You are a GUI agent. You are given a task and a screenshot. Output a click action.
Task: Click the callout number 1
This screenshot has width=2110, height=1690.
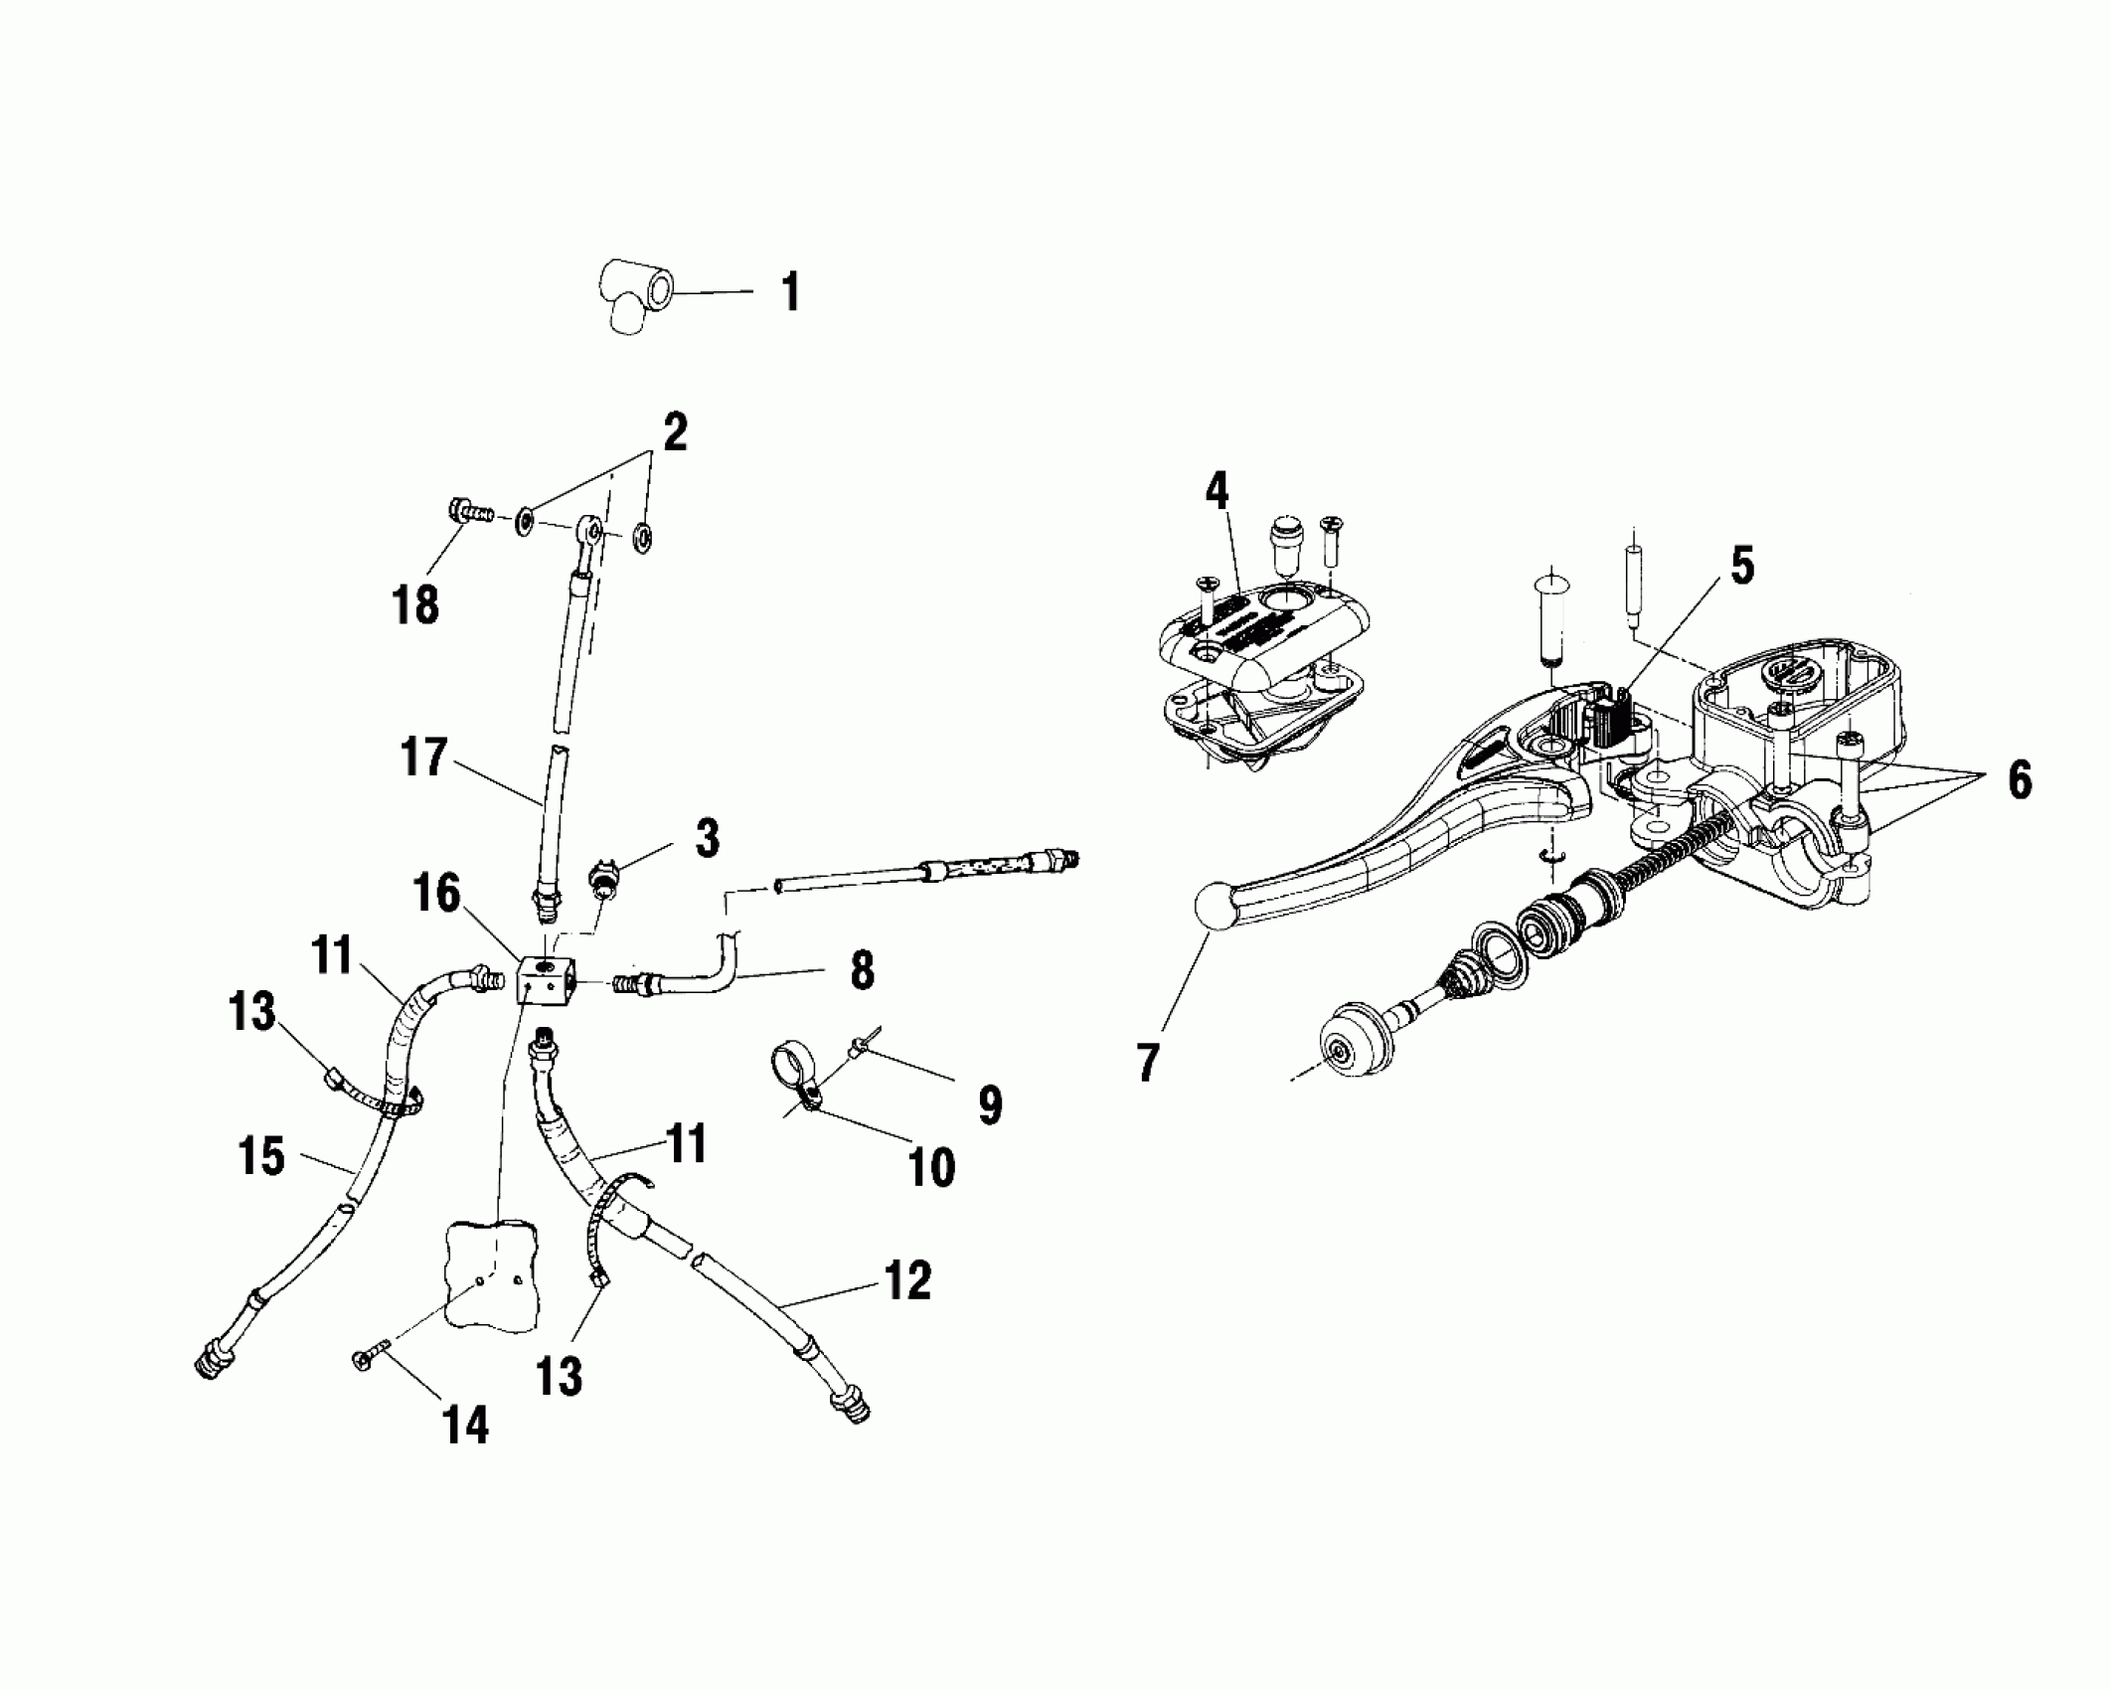790,294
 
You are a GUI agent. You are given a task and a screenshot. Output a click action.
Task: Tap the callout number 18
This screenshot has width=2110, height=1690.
415,604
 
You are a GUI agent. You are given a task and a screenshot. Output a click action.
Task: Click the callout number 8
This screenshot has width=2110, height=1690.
862,969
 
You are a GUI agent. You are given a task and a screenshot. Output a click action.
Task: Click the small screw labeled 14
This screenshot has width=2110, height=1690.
367,1357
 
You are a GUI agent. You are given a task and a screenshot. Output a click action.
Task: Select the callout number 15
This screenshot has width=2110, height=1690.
261,1156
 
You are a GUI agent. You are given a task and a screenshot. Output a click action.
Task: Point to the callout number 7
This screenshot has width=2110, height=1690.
1148,1061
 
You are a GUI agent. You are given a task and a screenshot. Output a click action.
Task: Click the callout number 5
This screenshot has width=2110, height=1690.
1742,565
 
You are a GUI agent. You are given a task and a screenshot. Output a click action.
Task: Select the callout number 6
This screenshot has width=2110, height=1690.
2020,780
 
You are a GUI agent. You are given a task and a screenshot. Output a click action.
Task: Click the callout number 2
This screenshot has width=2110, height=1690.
674,432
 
